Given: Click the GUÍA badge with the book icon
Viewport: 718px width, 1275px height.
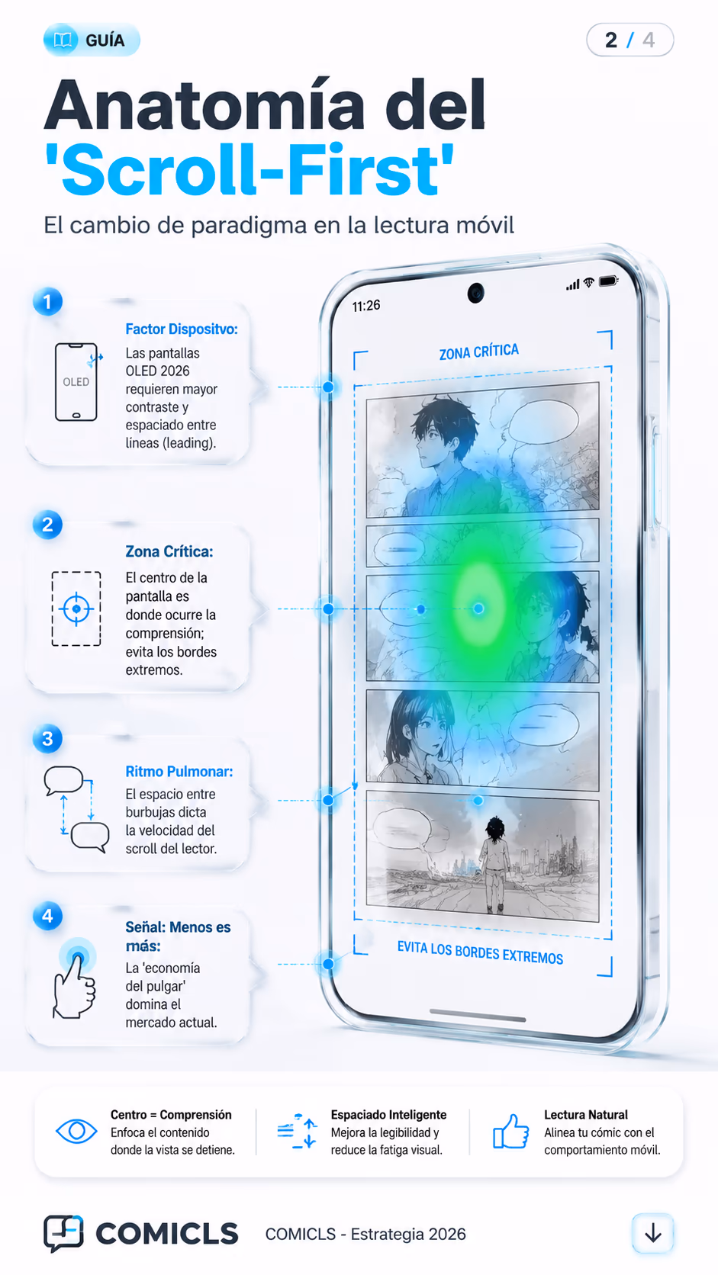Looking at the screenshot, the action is click(92, 40).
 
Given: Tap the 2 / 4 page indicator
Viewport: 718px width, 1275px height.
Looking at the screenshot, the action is click(629, 40).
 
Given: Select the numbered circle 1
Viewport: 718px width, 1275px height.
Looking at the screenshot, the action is click(48, 302).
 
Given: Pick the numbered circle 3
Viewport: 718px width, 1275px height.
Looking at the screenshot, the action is click(48, 739).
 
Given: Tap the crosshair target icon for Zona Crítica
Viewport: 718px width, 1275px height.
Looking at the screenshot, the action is click(76, 609).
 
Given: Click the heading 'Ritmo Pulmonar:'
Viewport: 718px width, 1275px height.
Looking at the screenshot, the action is click(179, 771).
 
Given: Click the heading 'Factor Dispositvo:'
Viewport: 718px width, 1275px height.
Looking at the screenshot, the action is click(181, 329).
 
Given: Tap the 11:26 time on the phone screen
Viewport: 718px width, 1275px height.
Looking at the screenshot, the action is click(366, 307).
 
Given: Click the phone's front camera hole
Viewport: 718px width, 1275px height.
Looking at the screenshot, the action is click(476, 293).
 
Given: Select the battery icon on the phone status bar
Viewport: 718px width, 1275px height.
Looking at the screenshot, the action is click(607, 281).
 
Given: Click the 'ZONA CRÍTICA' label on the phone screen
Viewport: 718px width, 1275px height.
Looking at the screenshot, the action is click(479, 352).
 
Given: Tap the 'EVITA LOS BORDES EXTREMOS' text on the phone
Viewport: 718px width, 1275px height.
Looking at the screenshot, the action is click(480, 953).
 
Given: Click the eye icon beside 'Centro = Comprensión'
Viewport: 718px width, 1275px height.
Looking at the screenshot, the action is click(76, 1131).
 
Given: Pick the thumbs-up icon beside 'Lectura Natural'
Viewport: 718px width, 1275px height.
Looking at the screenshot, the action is click(510, 1131).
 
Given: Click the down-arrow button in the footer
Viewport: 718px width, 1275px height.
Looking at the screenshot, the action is click(652, 1234).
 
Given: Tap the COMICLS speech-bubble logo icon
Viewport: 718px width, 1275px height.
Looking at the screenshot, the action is click(63, 1233).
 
